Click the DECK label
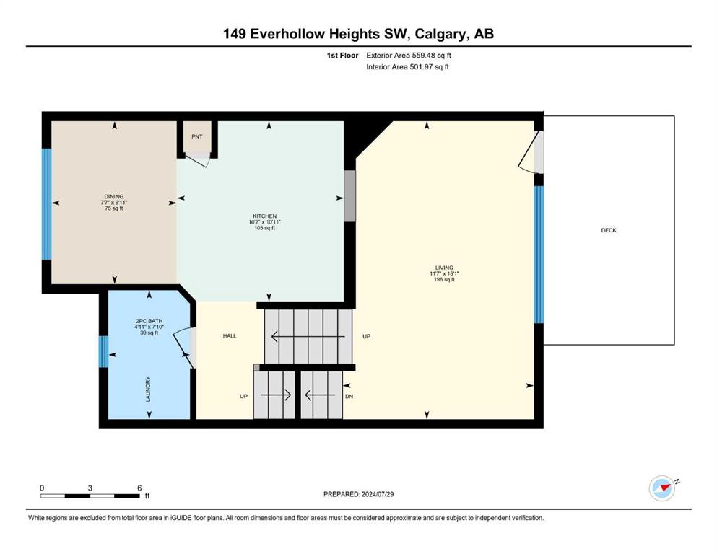(x=608, y=230)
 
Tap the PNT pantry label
(x=197, y=136)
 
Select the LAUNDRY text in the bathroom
(x=148, y=389)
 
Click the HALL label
(x=230, y=335)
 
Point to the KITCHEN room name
(x=265, y=216)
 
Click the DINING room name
(x=114, y=196)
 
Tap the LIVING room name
(x=444, y=268)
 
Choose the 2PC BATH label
(x=149, y=321)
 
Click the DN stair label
(x=349, y=397)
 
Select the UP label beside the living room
(x=366, y=336)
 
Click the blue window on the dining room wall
(x=47, y=204)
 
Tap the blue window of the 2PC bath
(x=104, y=352)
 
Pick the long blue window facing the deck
(x=539, y=255)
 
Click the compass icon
(x=662, y=488)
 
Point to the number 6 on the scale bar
(x=139, y=488)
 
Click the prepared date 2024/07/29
(x=378, y=494)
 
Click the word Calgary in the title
(x=440, y=34)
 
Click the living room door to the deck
(x=531, y=152)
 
